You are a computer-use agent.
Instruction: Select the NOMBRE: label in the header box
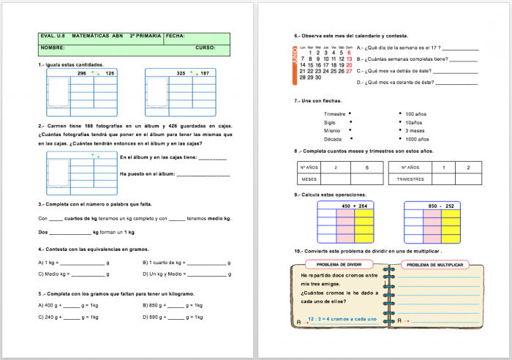tap(53, 48)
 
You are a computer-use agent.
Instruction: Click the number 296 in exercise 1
tap(82, 74)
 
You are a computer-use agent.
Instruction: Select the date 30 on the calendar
tap(318, 77)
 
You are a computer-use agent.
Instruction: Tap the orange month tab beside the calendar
tap(294, 61)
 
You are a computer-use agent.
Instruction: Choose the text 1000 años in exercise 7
tap(417, 139)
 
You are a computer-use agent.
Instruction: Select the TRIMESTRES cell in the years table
tap(410, 179)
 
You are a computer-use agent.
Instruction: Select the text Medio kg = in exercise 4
tap(53, 274)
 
